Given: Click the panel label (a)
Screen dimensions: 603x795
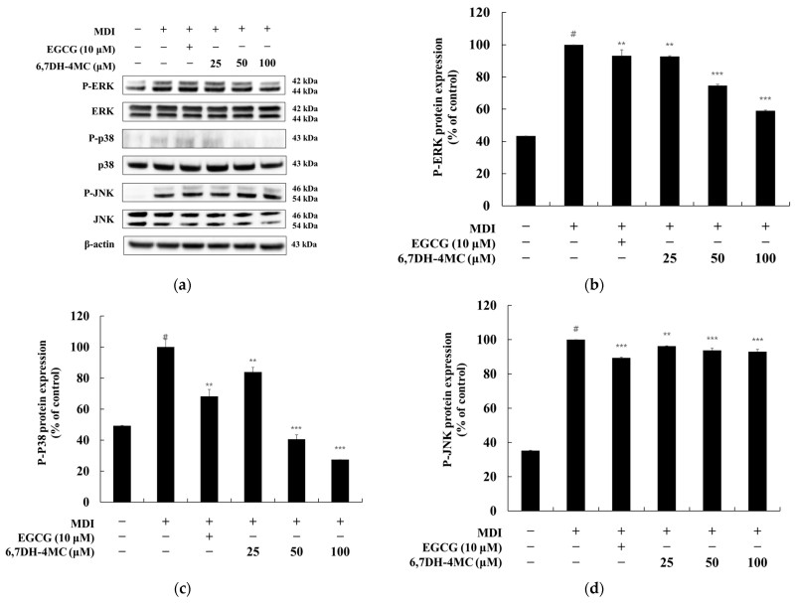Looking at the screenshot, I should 182,285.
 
